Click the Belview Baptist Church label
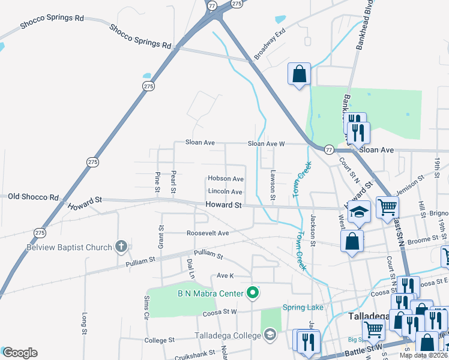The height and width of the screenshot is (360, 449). [69, 247]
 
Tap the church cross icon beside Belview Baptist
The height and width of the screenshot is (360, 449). [121, 246]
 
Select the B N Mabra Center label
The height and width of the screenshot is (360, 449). [210, 293]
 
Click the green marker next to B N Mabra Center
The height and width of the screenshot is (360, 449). [253, 293]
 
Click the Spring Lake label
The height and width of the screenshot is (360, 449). [303, 308]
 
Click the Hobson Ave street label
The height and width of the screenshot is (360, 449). [225, 179]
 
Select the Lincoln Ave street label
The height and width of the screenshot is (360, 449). [225, 192]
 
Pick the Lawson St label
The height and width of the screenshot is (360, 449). [273, 184]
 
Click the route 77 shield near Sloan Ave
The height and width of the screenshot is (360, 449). [329, 149]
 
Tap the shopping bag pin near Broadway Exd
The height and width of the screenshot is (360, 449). [299, 74]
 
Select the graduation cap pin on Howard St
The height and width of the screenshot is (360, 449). [359, 212]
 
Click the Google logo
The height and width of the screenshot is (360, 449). [20, 353]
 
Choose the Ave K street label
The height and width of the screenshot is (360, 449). [224, 275]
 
